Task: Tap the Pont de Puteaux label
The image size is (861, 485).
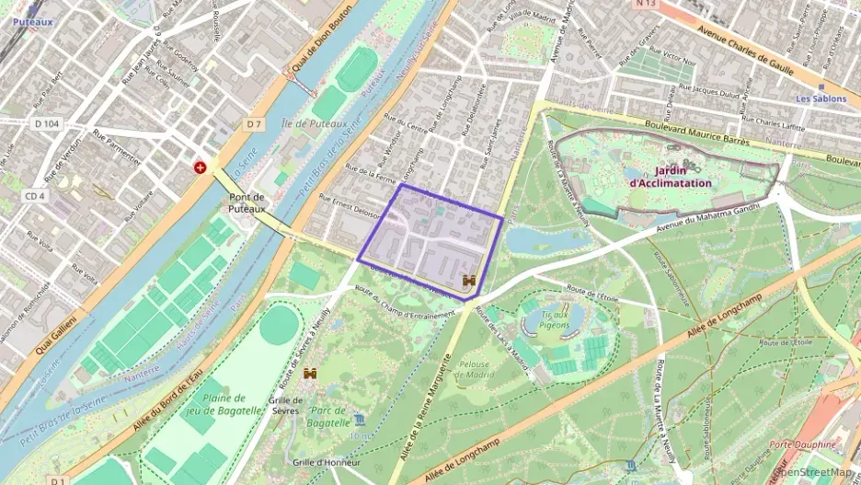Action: point(247,202)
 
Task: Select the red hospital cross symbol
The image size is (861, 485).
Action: point(200,167)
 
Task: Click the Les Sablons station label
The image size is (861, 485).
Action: point(821,98)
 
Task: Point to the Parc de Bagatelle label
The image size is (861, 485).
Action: point(328,416)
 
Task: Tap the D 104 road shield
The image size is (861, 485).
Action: point(46,123)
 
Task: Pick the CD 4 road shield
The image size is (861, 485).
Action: point(35,195)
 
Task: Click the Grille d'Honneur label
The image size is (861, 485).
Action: point(326,462)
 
